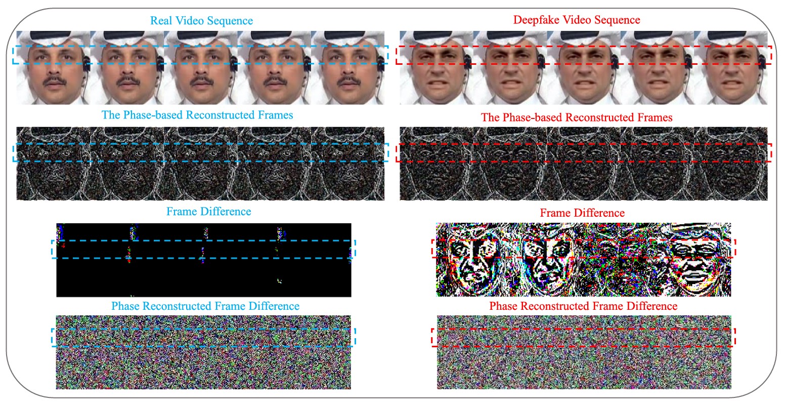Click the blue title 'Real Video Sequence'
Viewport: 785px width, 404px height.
(x=201, y=21)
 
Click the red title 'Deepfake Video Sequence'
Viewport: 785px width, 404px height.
(x=577, y=20)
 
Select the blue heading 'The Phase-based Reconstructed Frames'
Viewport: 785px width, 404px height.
(x=197, y=115)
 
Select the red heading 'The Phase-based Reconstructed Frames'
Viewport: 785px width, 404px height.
(x=577, y=117)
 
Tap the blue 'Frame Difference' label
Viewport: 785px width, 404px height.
(x=208, y=211)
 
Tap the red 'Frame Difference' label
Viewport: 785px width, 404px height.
(x=582, y=213)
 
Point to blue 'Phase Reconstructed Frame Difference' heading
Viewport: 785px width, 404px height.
(x=205, y=306)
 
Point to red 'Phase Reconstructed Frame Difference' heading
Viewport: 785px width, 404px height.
(x=583, y=306)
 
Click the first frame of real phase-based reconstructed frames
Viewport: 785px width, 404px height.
(x=54, y=163)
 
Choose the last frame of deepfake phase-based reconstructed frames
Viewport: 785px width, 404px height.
(x=731, y=163)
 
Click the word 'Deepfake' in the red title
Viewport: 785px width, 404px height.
(x=534, y=20)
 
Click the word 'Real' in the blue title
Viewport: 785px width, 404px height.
(x=161, y=21)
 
